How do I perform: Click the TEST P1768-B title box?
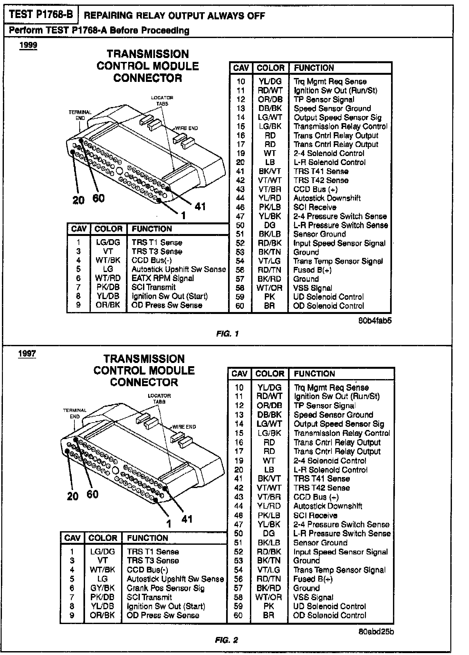pos(41,15)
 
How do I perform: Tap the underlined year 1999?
pos(28,45)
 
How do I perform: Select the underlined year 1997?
pos(27,353)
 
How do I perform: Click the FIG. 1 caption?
pos(227,334)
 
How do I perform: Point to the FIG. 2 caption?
pos(226,640)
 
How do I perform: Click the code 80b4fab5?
pos(375,321)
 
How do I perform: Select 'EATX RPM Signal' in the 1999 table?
pos(163,278)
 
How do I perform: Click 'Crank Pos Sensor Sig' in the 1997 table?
pos(166,588)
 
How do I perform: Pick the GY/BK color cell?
pos(102,588)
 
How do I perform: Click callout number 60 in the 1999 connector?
pos(99,198)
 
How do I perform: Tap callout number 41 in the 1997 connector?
pos(187,519)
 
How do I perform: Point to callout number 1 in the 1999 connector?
pos(183,215)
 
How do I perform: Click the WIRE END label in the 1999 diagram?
pos(187,128)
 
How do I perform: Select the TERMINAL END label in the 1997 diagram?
pos(75,413)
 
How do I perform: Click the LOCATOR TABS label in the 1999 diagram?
pos(162,101)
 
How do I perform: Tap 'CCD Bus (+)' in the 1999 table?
pos(315,189)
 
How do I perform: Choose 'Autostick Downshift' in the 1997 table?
pos(328,506)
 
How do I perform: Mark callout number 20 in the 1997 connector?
pos(72,496)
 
